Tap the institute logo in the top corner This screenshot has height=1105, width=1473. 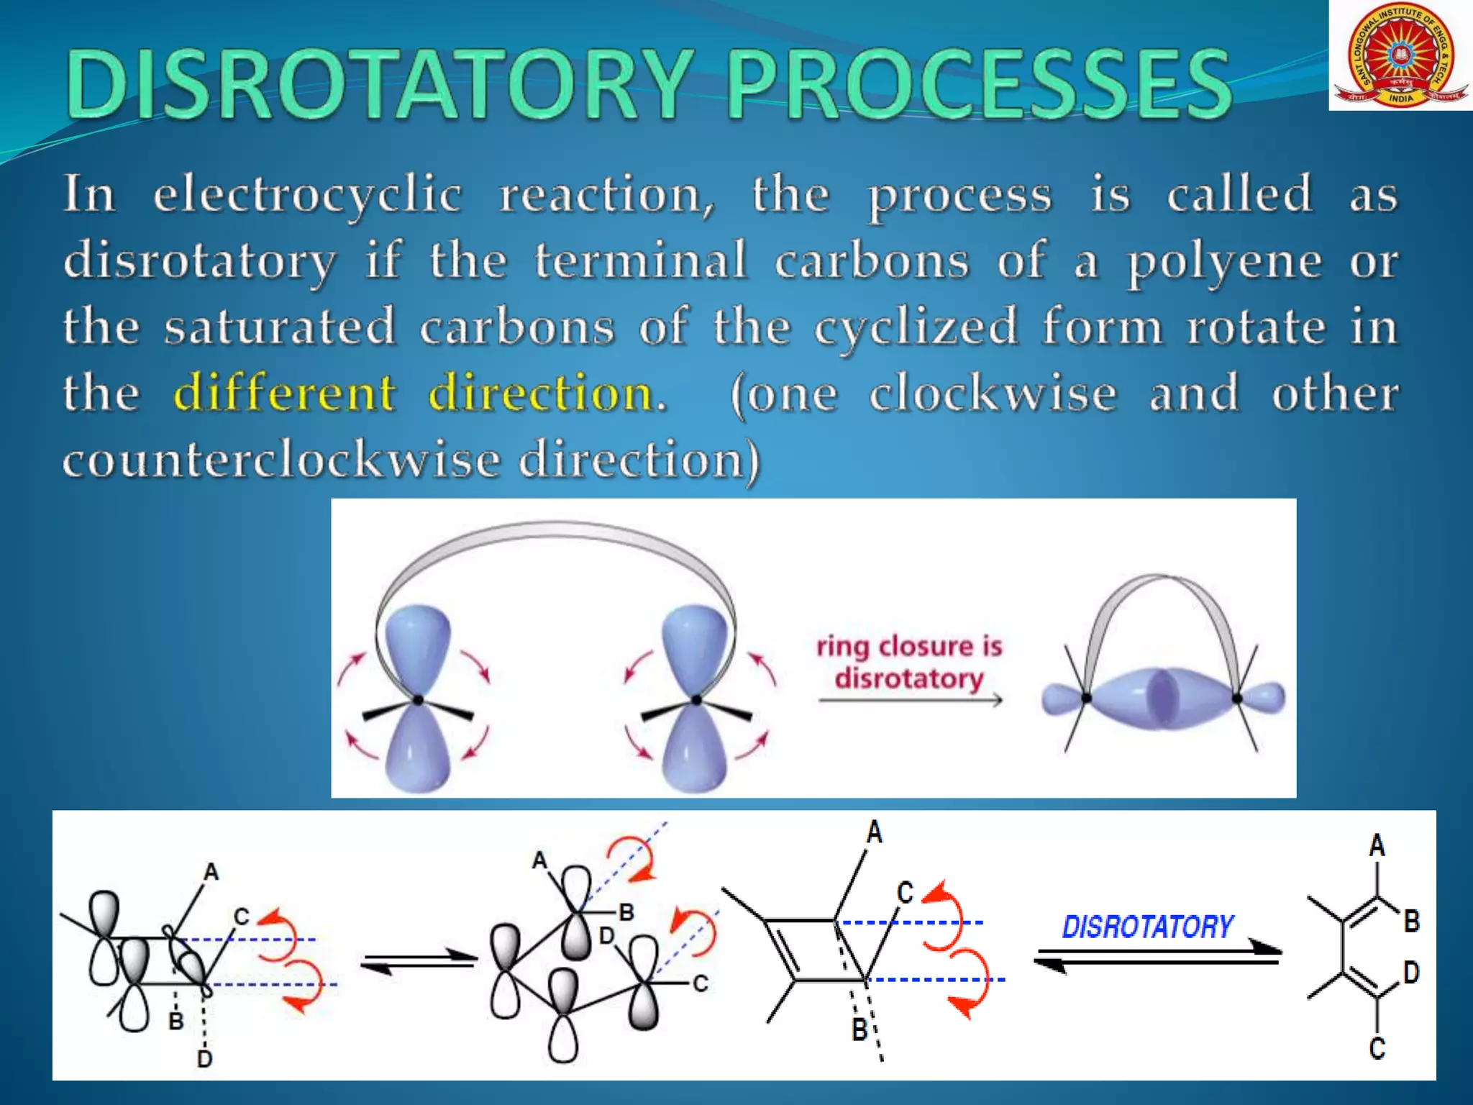point(1400,55)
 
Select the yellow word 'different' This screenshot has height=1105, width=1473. point(285,393)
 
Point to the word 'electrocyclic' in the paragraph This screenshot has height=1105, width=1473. point(308,194)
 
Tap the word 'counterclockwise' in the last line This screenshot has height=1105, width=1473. point(281,459)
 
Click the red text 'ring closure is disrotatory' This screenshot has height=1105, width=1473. point(909,662)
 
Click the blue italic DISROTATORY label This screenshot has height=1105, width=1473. point(1148,927)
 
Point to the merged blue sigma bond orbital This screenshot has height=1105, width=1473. point(1162,698)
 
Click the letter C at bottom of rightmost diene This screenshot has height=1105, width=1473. point(1377,1047)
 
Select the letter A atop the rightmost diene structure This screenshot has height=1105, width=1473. point(1377,845)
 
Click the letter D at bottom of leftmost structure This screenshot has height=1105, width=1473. point(204,1058)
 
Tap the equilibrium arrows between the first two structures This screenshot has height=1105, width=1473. point(419,961)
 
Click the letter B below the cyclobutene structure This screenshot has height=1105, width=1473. point(859,1029)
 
